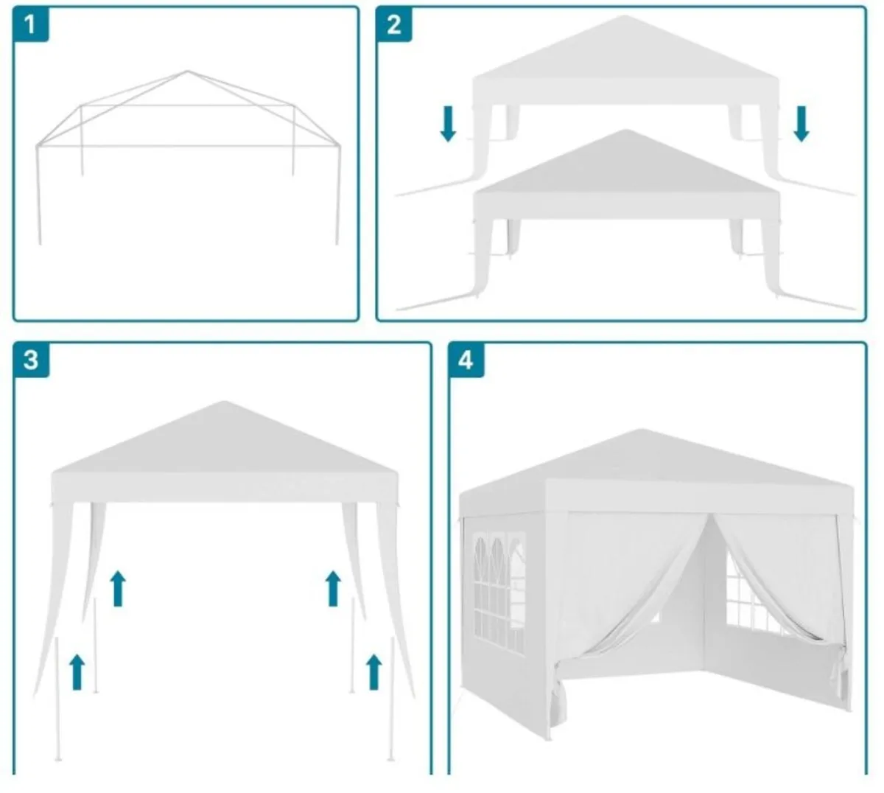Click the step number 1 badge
pos(30,24)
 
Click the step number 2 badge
pos(394,24)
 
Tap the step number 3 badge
pos(31,360)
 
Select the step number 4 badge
pos(466,360)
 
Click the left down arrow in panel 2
pos(447,123)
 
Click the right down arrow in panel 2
pos(801,123)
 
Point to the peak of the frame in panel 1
pos(187,72)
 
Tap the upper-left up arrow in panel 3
pos(117,588)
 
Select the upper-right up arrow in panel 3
pos(333,588)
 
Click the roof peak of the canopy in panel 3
pos(225,403)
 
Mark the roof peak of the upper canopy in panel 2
pos(625,18)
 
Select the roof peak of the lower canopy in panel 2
pos(625,131)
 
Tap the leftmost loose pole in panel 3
pos(57,700)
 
